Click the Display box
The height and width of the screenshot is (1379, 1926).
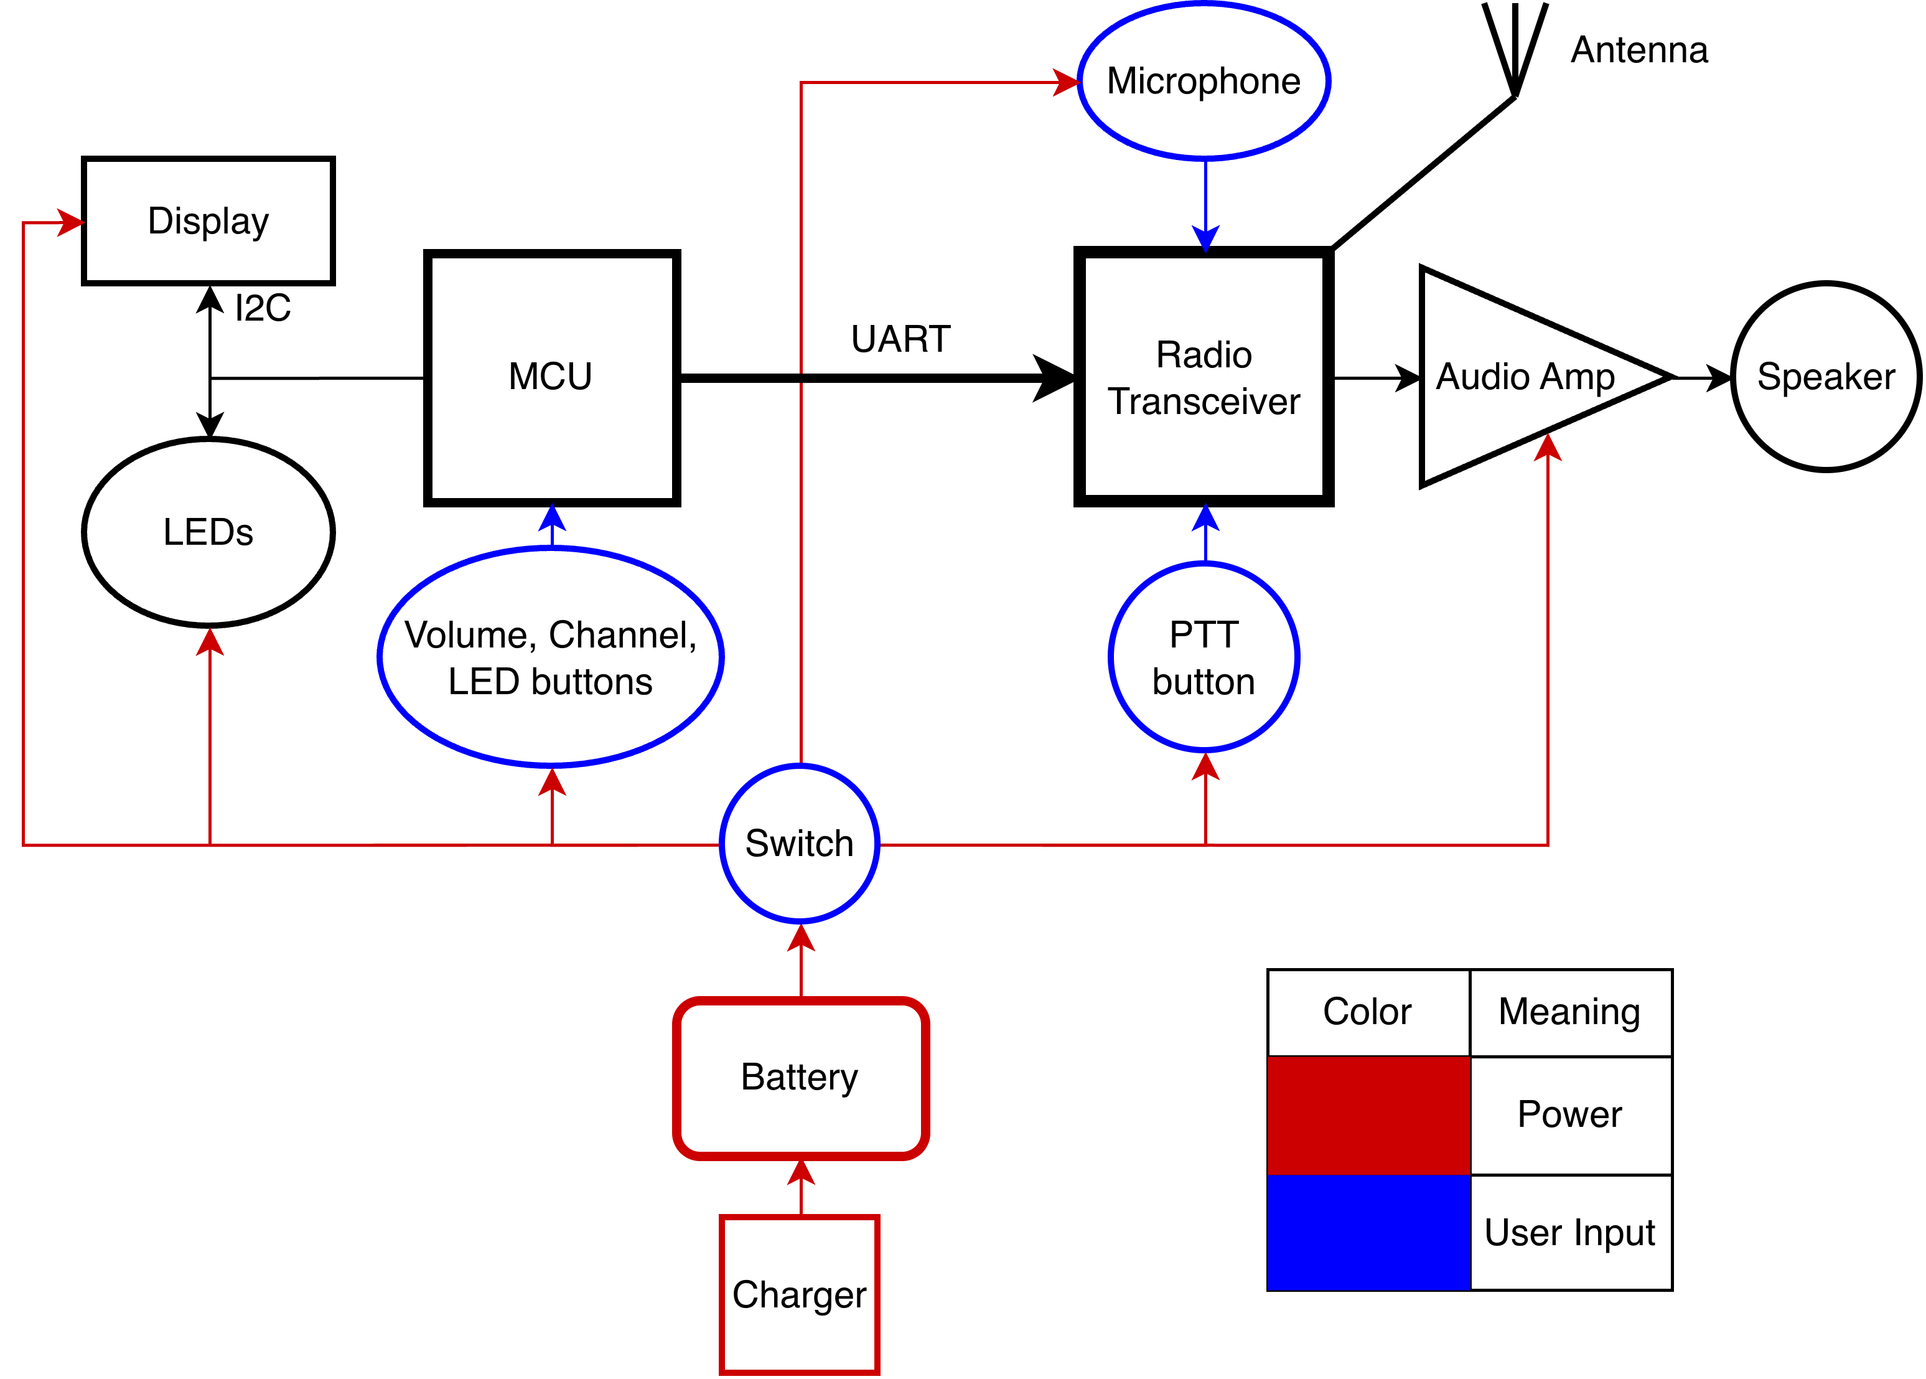tap(208, 221)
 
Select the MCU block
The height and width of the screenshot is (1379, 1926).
tap(552, 377)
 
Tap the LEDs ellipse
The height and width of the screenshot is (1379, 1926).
tap(208, 532)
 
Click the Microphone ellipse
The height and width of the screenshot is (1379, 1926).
tap(1204, 82)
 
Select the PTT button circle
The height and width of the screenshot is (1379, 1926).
tap(1204, 657)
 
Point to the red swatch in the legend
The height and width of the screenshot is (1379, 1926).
tap(1368, 1115)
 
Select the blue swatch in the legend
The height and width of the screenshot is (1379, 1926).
tap(1368, 1232)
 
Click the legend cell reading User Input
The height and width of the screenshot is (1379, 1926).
tap(1570, 1232)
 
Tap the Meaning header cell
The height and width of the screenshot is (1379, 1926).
tap(1570, 1012)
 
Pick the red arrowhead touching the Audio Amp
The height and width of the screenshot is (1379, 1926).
tap(1548, 448)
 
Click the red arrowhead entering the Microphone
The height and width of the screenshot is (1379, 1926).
tap(1065, 82)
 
